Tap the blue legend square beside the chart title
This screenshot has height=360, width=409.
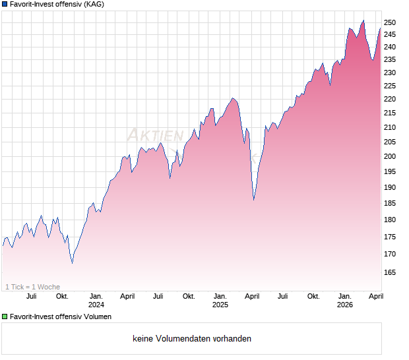tap(5, 4)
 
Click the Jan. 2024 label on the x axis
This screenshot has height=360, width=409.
tap(96, 300)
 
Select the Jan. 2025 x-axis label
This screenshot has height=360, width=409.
tap(220, 300)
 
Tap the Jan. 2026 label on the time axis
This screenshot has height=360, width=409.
tap(344, 300)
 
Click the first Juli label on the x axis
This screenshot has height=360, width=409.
tap(30, 296)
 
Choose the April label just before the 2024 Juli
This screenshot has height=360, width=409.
tap(127, 296)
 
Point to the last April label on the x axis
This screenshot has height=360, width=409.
tap(375, 296)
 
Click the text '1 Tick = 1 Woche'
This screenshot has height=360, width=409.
tap(33, 287)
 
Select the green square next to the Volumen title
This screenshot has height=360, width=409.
tap(5, 316)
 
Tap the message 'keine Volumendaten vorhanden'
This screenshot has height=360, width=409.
tap(192, 339)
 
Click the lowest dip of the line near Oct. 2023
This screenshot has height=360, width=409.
tap(72, 262)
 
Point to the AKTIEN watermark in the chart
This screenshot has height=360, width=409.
tap(155, 135)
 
